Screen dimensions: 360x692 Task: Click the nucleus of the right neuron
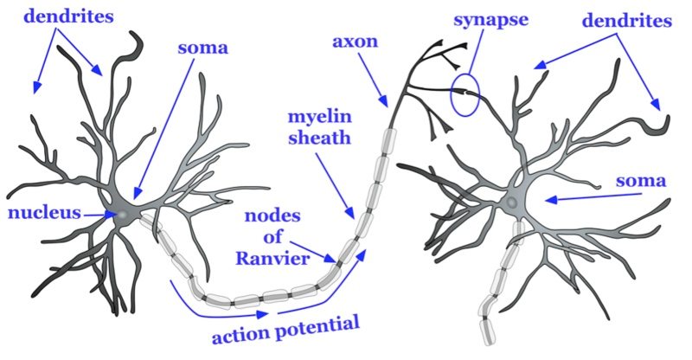(512, 202)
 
